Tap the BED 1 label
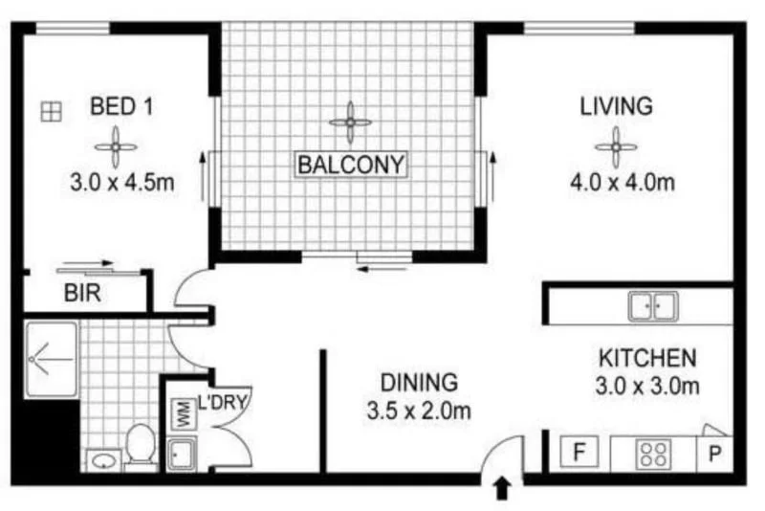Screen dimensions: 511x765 pos(121,105)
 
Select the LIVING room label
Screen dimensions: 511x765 pos(616,105)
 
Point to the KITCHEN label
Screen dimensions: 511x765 pos(647,359)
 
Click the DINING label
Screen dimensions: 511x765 pos(419,383)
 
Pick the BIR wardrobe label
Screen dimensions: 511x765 pos(83,294)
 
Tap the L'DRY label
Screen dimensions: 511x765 pos(223,401)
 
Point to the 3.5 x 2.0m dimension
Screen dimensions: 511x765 pos(419,412)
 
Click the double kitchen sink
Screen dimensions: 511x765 pos(652,306)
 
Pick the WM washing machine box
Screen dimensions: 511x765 pos(180,415)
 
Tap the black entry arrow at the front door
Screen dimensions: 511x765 pos(502,490)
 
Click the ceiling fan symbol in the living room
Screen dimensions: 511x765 pos(616,147)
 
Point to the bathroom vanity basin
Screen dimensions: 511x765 pos(103,460)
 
